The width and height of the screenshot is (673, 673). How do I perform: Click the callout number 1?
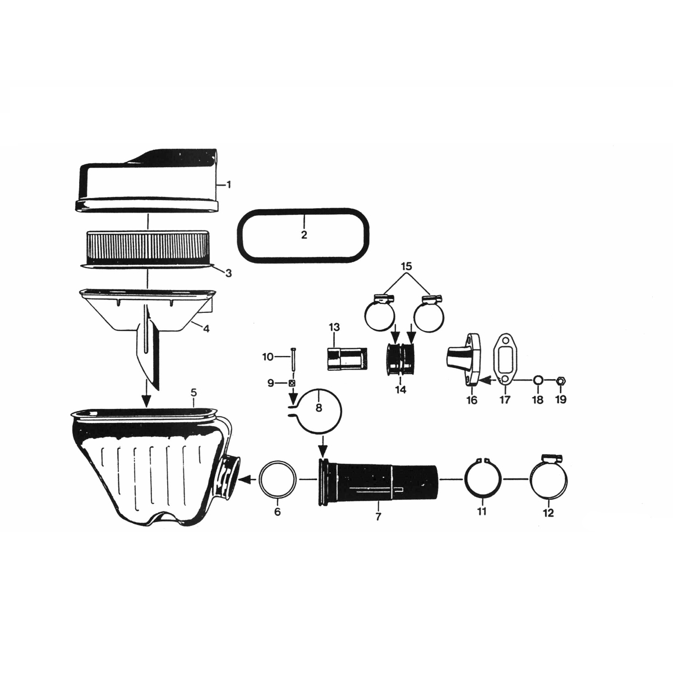click(x=229, y=185)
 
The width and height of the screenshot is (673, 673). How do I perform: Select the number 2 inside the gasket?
click(x=304, y=234)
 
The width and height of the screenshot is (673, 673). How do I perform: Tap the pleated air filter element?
click(x=147, y=249)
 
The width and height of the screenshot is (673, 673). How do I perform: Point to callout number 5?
click(x=193, y=393)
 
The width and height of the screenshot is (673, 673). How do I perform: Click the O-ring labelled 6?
click(x=278, y=480)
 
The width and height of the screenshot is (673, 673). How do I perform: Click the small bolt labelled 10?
click(x=292, y=361)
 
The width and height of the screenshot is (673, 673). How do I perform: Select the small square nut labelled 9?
click(x=292, y=383)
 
